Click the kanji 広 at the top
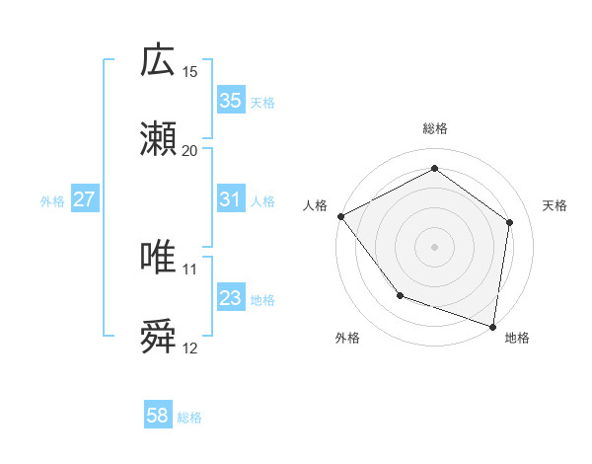pos(159,61)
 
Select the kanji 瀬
pos(159,139)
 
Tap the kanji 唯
pos(159,258)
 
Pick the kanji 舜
pos(159,337)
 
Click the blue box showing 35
pos(231,101)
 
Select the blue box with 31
pos(231,199)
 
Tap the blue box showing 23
pos(231,298)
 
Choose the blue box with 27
pos(85,199)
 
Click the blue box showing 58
pos(158,416)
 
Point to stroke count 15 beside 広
pos(190,72)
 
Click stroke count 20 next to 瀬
pos(190,150)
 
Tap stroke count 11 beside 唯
pos(190,269)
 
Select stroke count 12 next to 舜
pos(190,348)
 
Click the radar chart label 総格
pos(435,128)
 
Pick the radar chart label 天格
pos(555,205)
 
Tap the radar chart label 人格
pos(315,205)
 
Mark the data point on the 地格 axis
pos(493,326)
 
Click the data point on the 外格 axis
pos(400,295)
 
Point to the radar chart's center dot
pos(435,246)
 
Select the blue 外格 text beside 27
pos(52,200)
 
